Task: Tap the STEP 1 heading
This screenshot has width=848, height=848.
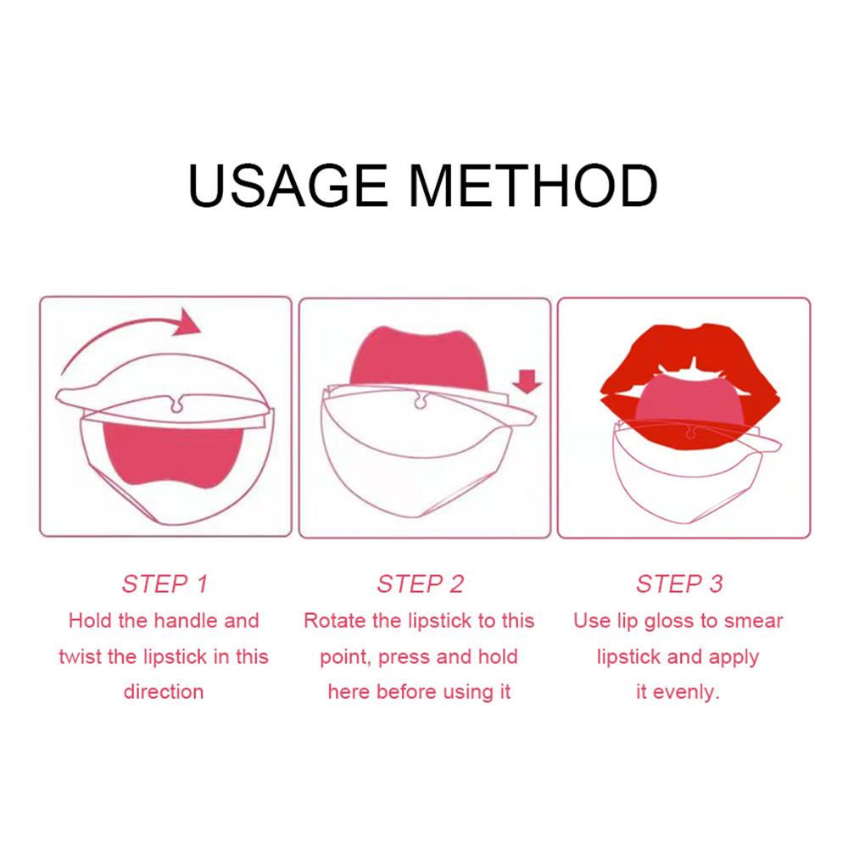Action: [165, 583]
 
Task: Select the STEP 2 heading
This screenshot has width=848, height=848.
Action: [421, 583]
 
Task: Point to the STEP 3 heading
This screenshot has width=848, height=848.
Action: [679, 583]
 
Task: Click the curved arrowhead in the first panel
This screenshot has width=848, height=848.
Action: [187, 323]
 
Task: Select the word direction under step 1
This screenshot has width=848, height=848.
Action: [164, 692]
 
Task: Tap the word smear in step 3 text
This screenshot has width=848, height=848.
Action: [755, 621]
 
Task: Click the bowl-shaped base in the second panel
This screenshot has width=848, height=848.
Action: [416, 475]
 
